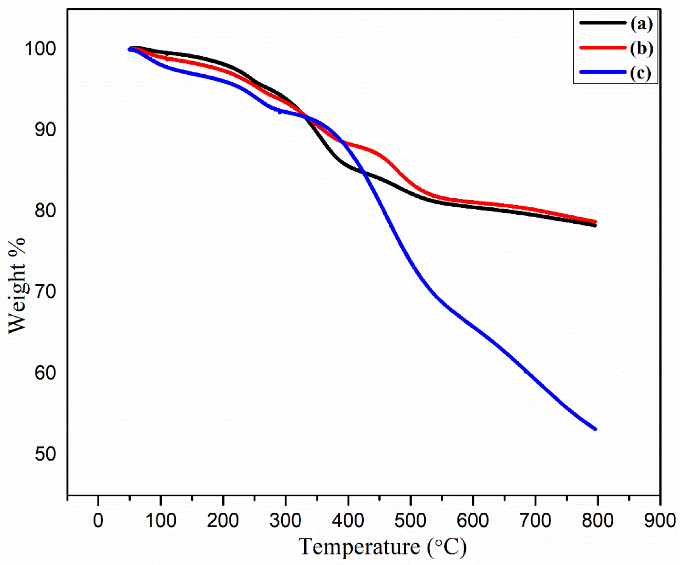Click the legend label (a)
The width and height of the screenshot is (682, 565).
pyautogui.click(x=641, y=24)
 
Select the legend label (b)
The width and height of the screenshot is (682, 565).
pyautogui.click(x=641, y=49)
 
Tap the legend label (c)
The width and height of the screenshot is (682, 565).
pyautogui.click(x=640, y=73)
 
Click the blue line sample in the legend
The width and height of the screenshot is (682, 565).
pyautogui.click(x=602, y=72)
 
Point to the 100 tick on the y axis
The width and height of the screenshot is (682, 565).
pyautogui.click(x=40, y=49)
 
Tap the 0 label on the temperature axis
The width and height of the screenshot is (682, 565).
pyautogui.click(x=98, y=521)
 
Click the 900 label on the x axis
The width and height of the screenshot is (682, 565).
pyautogui.click(x=659, y=521)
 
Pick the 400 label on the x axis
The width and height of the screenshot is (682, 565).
pyautogui.click(x=348, y=521)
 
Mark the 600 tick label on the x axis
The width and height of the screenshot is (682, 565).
pyautogui.click(x=473, y=521)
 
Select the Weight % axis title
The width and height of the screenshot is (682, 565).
pyautogui.click(x=17, y=286)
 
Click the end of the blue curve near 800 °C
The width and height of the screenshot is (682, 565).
pyautogui.click(x=595, y=429)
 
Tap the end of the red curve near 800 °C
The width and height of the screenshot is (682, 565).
pyautogui.click(x=595, y=222)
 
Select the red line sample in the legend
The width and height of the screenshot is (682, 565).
pyautogui.click(x=602, y=48)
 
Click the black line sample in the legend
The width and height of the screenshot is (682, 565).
pyautogui.click(x=602, y=23)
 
